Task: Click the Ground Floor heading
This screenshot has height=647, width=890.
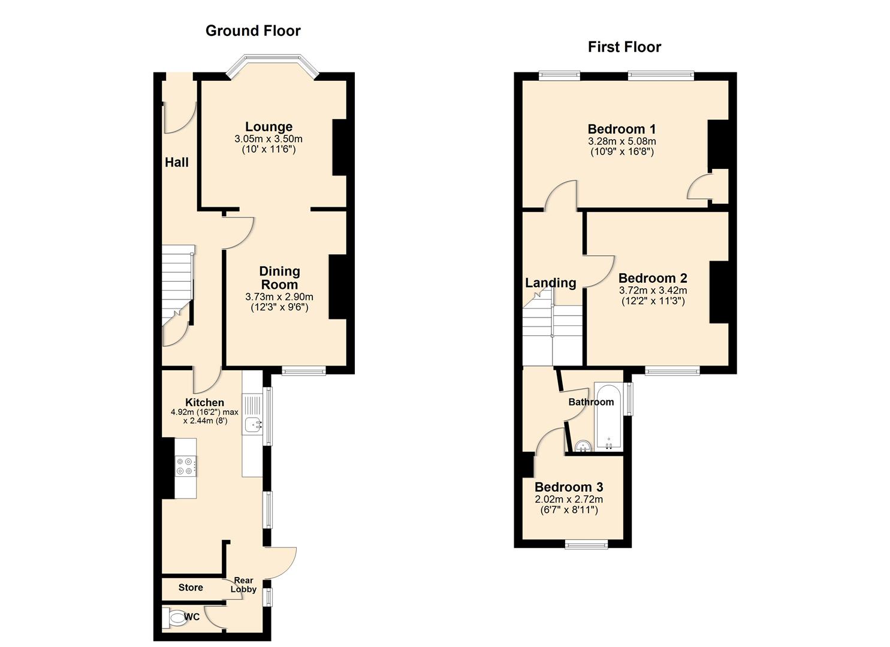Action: (253, 31)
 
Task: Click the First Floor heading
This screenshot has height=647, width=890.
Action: (624, 47)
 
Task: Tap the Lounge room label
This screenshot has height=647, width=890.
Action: (268, 127)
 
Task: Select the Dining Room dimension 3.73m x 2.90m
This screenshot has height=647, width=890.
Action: (279, 297)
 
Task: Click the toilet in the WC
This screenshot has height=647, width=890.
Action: (176, 618)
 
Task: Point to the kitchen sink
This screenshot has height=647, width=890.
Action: (253, 425)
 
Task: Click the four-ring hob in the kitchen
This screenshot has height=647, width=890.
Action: (185, 466)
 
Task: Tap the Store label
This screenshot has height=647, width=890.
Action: (191, 588)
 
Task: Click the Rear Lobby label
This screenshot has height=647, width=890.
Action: (244, 585)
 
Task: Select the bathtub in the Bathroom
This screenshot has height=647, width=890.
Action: (608, 417)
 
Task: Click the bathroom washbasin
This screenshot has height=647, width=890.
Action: (582, 446)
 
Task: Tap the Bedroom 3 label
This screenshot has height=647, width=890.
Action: (568, 488)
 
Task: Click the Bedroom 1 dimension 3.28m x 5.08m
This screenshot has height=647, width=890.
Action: (622, 142)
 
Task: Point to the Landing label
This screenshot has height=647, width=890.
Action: (550, 283)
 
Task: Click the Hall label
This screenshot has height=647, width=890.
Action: (177, 162)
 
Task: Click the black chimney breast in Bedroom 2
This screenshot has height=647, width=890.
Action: (719, 292)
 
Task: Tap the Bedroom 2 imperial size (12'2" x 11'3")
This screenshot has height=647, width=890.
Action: (653, 301)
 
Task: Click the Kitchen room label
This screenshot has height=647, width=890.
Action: (204, 403)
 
